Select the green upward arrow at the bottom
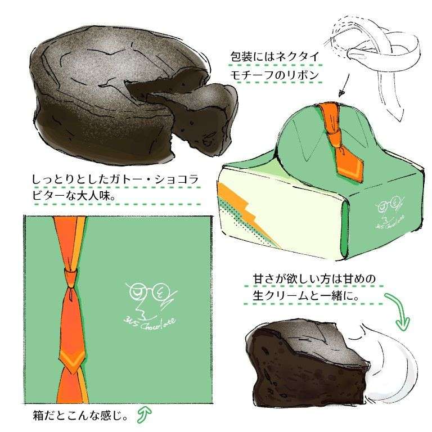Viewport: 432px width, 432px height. click(145, 415)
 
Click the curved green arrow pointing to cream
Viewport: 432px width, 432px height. click(399, 311)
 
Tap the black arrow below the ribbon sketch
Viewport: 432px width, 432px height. click(344, 85)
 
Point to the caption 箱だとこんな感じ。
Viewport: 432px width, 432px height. click(80, 416)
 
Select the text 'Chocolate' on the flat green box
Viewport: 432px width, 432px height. click(158, 325)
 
